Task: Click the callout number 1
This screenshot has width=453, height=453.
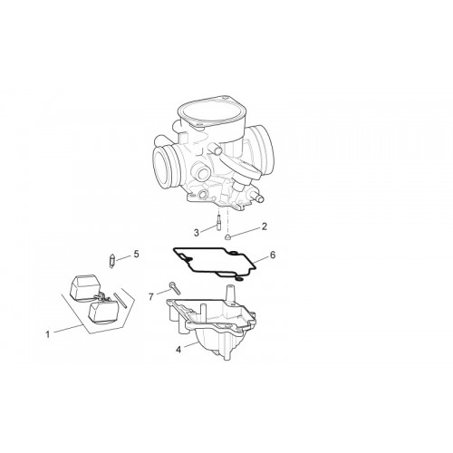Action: pyautogui.click(x=47, y=334)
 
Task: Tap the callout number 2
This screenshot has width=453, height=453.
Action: pyautogui.click(x=265, y=226)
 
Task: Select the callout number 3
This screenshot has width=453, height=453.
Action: pyautogui.click(x=197, y=233)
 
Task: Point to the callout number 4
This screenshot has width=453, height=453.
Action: pyautogui.click(x=178, y=350)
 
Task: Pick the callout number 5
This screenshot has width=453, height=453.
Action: pyautogui.click(x=137, y=254)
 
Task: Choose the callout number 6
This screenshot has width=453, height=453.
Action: pyautogui.click(x=273, y=255)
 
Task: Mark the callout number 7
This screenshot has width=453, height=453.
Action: pyautogui.click(x=151, y=297)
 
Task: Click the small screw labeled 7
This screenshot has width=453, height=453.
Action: pyautogui.click(x=175, y=288)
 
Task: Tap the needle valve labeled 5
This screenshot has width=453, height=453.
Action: pyautogui.click(x=111, y=260)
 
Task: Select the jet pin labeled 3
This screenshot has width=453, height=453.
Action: pyautogui.click(x=218, y=222)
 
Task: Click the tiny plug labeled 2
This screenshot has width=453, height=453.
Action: pyautogui.click(x=228, y=236)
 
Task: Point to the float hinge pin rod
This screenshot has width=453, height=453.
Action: pyautogui.click(x=120, y=301)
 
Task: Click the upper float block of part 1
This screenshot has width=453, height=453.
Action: pyautogui.click(x=85, y=285)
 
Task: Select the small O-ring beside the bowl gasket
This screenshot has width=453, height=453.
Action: pyautogui.click(x=238, y=278)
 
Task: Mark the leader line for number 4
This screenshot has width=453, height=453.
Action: pyautogui.click(x=190, y=345)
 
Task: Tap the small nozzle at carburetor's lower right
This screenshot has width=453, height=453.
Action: pyautogui.click(x=258, y=198)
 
